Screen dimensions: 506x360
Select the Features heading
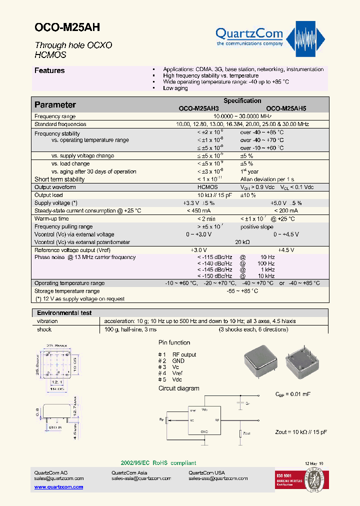(49, 70)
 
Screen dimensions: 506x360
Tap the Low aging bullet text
(175, 88)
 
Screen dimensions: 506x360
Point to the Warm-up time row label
(51, 218)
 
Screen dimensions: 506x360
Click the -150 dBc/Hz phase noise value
(214, 276)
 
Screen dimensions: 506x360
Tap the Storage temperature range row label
(67, 291)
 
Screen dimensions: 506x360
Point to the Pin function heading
(174, 342)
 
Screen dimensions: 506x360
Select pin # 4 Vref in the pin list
(170, 373)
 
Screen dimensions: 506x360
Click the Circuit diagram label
(178, 388)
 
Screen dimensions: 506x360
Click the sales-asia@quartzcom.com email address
(141, 478)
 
